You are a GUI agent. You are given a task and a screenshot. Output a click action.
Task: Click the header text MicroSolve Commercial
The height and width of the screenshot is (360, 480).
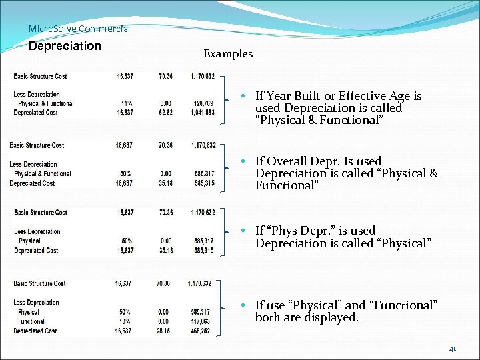(79, 29)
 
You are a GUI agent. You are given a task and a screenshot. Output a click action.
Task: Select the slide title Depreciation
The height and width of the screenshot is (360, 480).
(65, 46)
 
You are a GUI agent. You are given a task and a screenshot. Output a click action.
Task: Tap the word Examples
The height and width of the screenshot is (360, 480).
(228, 54)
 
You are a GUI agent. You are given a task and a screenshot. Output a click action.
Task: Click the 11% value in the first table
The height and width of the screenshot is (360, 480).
(126, 103)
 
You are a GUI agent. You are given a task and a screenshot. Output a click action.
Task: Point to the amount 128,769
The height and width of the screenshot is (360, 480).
(203, 103)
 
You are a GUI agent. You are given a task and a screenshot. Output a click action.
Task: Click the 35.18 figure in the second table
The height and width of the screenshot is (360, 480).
(165, 183)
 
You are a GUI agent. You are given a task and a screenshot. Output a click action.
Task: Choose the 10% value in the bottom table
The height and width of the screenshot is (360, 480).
(125, 321)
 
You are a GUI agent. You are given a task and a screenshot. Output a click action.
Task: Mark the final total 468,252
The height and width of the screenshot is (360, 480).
(199, 331)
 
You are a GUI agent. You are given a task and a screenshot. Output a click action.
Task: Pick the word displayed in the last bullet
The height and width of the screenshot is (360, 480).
(331, 317)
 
